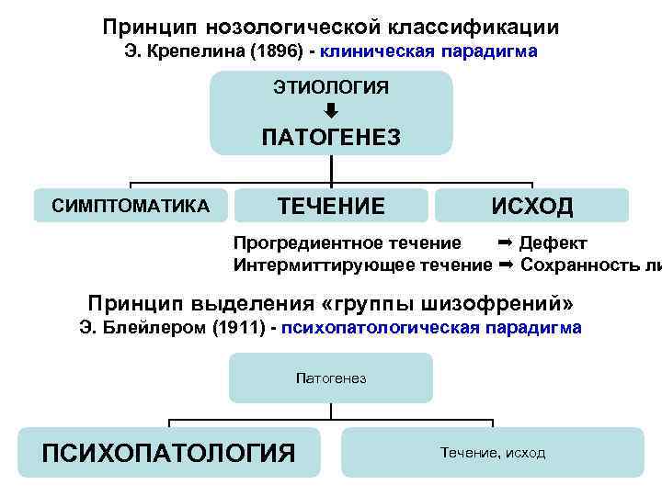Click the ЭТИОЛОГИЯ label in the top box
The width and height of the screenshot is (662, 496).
(x=331, y=87)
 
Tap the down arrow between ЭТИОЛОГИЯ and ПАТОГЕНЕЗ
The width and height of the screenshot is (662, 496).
(x=332, y=110)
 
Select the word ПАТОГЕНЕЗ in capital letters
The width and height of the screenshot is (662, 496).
(x=331, y=138)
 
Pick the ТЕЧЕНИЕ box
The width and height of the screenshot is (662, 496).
(x=332, y=206)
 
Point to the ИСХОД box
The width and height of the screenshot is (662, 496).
(x=531, y=206)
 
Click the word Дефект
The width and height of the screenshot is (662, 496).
(x=554, y=243)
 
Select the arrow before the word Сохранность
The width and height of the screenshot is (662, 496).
(x=505, y=266)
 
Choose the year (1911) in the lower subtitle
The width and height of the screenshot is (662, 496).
(x=243, y=328)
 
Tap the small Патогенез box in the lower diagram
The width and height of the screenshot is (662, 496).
(x=331, y=378)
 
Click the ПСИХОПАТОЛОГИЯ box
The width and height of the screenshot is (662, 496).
(x=169, y=453)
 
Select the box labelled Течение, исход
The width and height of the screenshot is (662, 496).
(x=492, y=453)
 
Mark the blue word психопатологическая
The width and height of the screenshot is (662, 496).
(x=381, y=328)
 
